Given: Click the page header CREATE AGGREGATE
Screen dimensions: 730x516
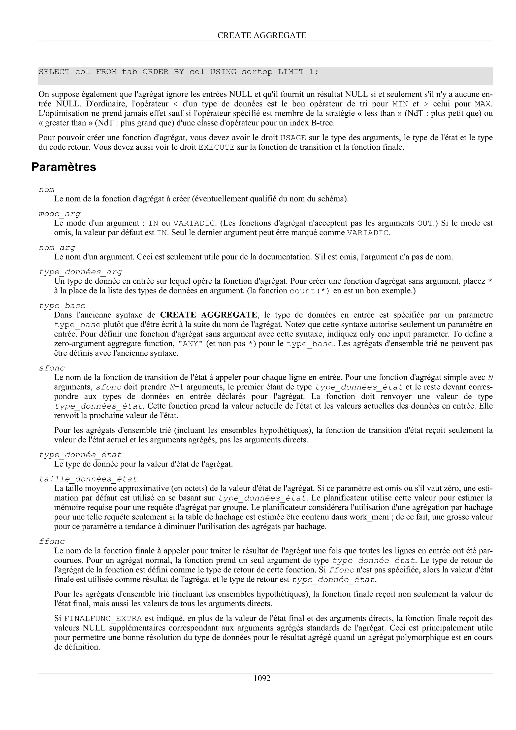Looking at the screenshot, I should [262, 35].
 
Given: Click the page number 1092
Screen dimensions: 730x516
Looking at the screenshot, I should [262, 679].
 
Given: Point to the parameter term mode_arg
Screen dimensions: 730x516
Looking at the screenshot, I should [59, 214].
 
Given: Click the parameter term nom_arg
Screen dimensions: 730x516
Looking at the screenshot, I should [57, 247].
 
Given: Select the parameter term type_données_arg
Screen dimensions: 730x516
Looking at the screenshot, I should [80, 272].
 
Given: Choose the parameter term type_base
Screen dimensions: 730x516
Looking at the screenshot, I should [62, 306].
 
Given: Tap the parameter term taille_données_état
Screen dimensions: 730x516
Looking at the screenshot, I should [88, 479].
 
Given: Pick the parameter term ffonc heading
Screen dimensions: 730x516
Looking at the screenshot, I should [52, 542].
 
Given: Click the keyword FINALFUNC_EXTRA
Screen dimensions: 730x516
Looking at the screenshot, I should [103, 619].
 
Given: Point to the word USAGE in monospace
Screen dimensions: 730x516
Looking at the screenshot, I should [293, 138].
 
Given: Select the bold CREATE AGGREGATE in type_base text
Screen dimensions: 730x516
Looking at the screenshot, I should [208, 315].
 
